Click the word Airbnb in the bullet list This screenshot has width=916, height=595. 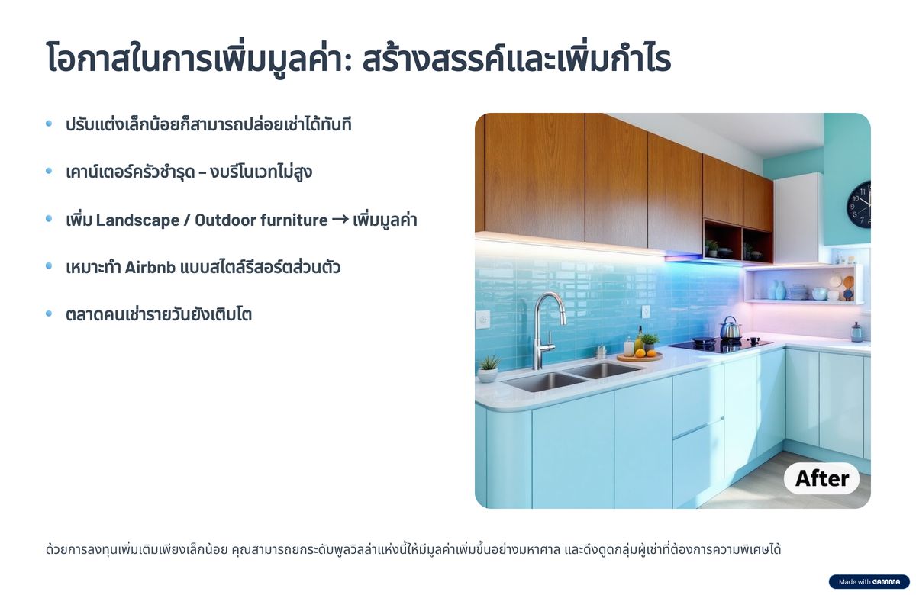click(x=150, y=268)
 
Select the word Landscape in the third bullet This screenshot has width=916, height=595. click(x=137, y=220)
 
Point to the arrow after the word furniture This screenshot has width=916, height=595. click(x=340, y=220)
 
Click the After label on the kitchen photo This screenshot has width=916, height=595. click(x=822, y=478)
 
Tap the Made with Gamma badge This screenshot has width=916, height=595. click(x=869, y=581)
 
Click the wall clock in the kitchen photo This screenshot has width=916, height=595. click(x=860, y=204)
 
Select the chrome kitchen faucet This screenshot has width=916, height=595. click(x=547, y=330)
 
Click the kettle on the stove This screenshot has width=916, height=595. click(x=731, y=328)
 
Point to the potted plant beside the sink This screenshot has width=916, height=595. click(x=488, y=368)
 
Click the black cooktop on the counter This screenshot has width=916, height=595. click(x=721, y=346)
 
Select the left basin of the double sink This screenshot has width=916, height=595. click(x=544, y=381)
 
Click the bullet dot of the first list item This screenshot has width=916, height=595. click(x=49, y=124)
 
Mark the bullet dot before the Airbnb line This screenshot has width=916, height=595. click(x=49, y=266)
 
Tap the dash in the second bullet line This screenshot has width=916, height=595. click(x=202, y=173)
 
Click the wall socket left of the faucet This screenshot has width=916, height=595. click(x=483, y=320)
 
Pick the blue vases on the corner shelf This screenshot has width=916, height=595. click(x=776, y=290)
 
